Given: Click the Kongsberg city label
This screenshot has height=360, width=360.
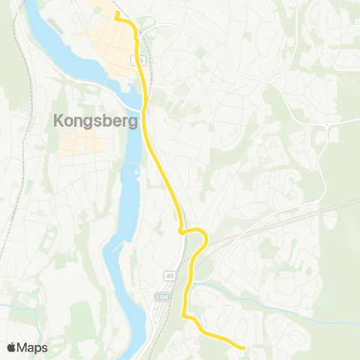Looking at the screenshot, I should (94, 120).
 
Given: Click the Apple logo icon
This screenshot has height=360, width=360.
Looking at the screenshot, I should (12, 347).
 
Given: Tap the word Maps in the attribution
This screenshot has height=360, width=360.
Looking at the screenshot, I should (33, 347).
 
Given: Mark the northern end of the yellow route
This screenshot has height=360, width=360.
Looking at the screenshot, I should (117, 13).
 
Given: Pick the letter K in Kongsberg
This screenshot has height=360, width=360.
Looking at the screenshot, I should (58, 120).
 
